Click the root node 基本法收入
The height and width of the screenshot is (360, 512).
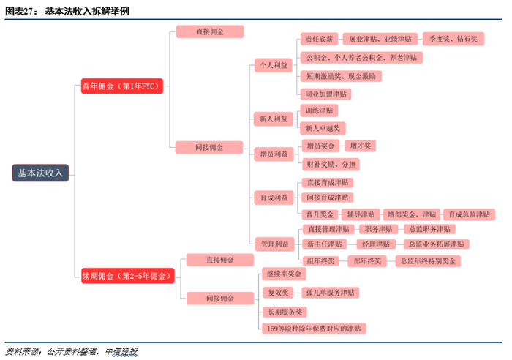click(x=40, y=173)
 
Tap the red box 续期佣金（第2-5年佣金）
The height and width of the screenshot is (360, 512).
click(x=129, y=276)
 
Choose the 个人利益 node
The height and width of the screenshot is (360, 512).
click(x=273, y=65)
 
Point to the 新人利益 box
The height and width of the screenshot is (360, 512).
click(x=273, y=119)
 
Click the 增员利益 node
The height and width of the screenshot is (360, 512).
click(x=273, y=154)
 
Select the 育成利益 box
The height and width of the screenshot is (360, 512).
click(x=273, y=198)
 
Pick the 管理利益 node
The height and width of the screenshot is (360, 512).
click(x=273, y=243)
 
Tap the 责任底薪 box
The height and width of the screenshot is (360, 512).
click(x=319, y=39)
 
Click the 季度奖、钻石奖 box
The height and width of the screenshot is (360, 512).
click(x=453, y=39)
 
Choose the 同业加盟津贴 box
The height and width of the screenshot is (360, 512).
click(x=327, y=94)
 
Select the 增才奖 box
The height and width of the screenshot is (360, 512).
click(x=359, y=146)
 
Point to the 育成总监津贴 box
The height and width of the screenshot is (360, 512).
click(x=467, y=214)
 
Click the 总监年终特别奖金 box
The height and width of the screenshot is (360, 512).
click(x=429, y=260)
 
